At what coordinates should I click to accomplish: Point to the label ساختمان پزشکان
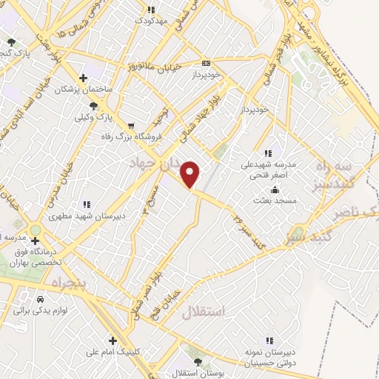(x=86, y=89)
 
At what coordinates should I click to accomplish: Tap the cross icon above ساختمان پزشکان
(x=83, y=78)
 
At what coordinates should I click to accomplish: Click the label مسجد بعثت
(x=275, y=201)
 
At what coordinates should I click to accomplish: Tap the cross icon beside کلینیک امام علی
(x=113, y=341)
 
